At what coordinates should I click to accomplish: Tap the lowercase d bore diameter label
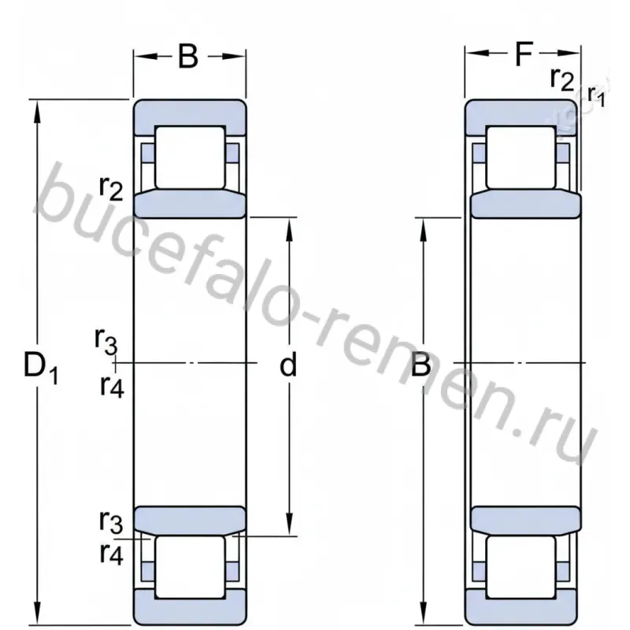[288, 364]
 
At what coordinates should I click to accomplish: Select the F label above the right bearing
[524, 54]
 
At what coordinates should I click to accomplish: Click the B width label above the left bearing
[188, 56]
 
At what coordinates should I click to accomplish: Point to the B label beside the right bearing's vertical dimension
[421, 364]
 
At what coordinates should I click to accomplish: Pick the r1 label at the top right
[596, 96]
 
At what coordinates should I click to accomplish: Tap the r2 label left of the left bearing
[111, 188]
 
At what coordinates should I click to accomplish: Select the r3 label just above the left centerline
[106, 341]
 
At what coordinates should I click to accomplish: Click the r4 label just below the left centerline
[112, 387]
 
